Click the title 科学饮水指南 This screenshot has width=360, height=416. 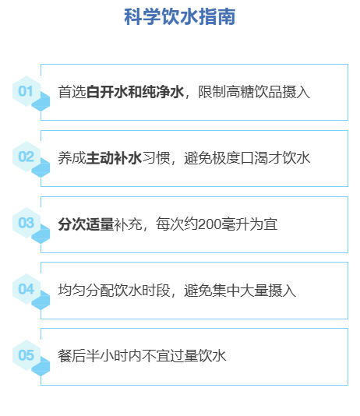(x=179, y=16)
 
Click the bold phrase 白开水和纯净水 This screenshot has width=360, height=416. (x=135, y=92)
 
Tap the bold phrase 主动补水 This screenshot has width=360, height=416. (x=114, y=158)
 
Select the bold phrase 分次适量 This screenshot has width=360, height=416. (x=86, y=224)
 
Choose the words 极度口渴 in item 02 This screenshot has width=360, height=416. (x=240, y=158)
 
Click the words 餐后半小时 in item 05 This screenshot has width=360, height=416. (x=93, y=356)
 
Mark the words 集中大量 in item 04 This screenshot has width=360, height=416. (x=240, y=291)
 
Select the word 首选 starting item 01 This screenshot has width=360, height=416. (x=72, y=92)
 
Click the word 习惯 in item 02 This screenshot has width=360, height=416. (x=156, y=158)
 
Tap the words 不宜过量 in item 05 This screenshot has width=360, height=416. (x=170, y=356)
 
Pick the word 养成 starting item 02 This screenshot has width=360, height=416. (x=72, y=158)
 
